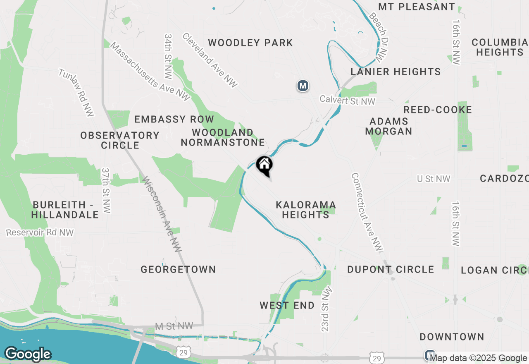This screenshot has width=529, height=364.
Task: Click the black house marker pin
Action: click(264, 165)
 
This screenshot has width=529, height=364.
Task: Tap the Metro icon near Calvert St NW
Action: click(303, 86)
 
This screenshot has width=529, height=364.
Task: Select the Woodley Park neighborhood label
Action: click(250, 43)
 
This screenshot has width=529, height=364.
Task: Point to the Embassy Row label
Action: click(174, 120)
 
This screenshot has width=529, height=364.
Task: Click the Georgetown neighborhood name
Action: click(178, 269)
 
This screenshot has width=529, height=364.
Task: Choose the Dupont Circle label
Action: click(391, 269)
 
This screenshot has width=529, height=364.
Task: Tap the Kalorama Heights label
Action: click(306, 210)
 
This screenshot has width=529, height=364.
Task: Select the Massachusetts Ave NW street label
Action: click(150, 72)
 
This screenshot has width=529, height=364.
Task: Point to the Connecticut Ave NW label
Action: click(367, 211)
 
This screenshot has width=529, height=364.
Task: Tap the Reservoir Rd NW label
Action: click(40, 232)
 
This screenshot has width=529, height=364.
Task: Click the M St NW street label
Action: click(174, 326)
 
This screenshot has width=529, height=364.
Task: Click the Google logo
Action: click(28, 354)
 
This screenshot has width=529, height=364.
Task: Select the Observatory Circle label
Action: click(120, 140)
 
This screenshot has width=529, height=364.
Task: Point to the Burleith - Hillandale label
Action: click(65, 210)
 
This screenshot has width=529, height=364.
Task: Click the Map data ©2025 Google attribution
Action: click(479, 358)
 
